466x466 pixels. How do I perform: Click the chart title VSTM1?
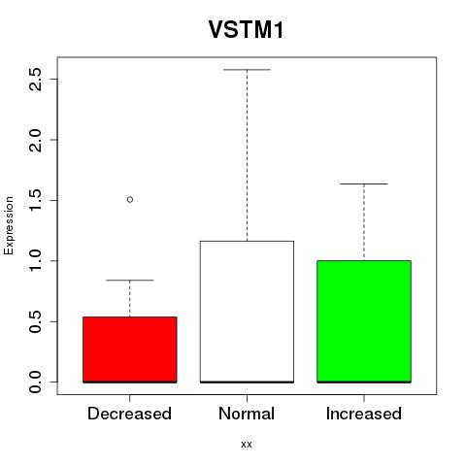pos(247,30)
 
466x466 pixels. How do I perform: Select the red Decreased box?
pos(130,349)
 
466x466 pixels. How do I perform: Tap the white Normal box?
pos(247,312)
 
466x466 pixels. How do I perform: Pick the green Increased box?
pos(364,321)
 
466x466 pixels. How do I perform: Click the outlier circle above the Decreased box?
pos(130,199)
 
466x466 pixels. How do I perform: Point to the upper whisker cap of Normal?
pos(247,69)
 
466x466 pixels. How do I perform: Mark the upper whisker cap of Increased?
pos(364,183)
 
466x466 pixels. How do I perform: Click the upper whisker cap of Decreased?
pos(130,280)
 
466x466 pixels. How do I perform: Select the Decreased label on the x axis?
pos(129,414)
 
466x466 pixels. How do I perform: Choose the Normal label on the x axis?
pos(247,414)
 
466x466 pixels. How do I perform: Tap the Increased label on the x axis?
pos(364,414)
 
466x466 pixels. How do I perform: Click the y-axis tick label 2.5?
pos(35,80)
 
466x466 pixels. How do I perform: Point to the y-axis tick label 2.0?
pos(35,140)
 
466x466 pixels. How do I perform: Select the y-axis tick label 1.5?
pos(35,200)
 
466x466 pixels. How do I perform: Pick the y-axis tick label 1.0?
pos(35,261)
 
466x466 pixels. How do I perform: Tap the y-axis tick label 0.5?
pos(35,321)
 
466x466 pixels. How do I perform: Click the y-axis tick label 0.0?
pos(35,382)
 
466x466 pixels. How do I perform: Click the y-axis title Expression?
pos(9,225)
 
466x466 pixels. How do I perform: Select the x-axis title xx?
pos(247,445)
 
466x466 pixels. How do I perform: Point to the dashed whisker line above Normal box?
pos(247,155)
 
